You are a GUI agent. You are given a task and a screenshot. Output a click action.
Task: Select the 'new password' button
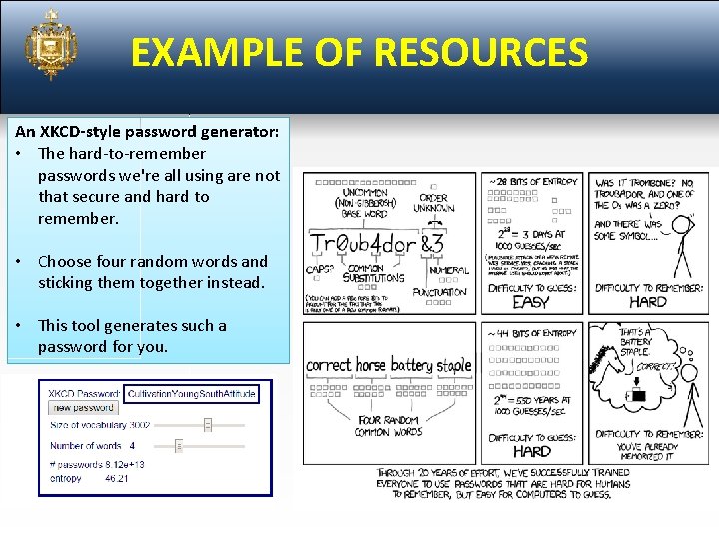(x=83, y=408)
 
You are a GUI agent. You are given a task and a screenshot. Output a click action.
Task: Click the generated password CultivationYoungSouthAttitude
(x=191, y=394)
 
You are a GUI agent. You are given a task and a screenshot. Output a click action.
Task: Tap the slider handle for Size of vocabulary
(x=208, y=425)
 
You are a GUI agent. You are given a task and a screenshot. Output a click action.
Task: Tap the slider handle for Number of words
(x=179, y=446)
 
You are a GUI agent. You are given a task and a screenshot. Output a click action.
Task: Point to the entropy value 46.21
(x=117, y=479)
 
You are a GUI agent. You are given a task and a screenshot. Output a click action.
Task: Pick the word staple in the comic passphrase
(x=453, y=366)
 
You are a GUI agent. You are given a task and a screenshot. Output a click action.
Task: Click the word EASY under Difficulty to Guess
(x=530, y=302)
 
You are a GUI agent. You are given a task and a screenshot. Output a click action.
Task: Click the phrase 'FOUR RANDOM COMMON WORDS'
(x=386, y=426)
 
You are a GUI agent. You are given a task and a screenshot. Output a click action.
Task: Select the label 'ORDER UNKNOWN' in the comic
(x=434, y=203)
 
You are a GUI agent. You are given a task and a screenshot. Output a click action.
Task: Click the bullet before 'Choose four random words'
(x=20, y=262)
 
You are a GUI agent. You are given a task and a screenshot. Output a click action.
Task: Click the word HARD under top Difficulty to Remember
(x=648, y=302)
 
